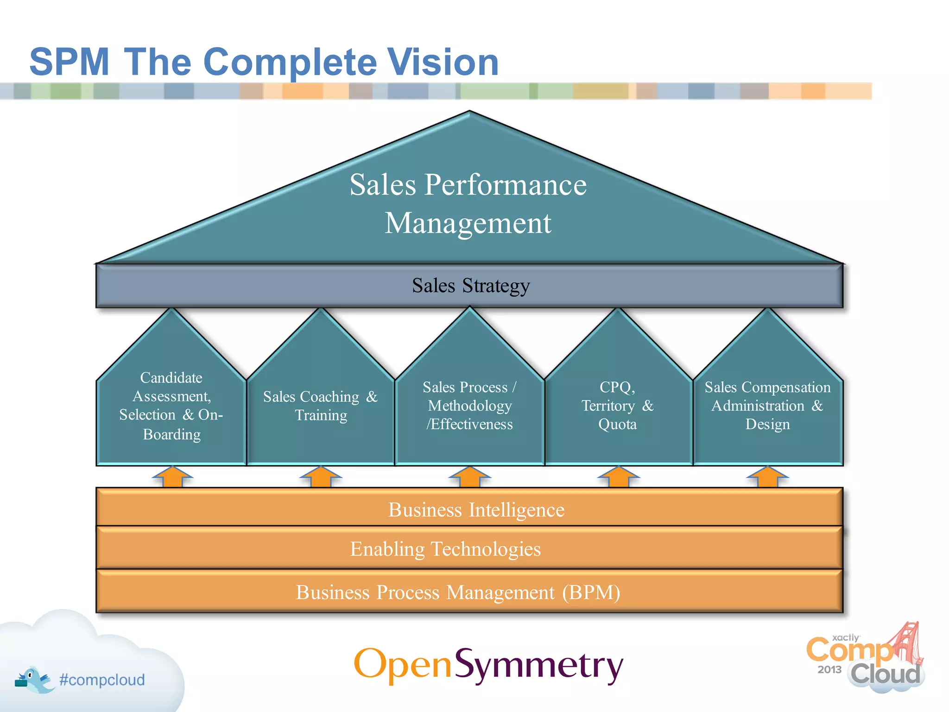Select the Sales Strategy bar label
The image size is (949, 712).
(470, 286)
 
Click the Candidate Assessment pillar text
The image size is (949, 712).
(171, 406)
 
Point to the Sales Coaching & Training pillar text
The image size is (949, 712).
(321, 406)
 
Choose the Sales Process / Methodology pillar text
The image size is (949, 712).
(469, 406)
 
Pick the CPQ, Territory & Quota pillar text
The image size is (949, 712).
(618, 406)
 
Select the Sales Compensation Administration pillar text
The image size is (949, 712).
(767, 406)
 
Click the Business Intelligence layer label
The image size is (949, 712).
(476, 509)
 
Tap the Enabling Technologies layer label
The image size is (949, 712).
(445, 549)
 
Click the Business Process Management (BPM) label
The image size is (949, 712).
(458, 592)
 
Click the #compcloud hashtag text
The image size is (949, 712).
(102, 680)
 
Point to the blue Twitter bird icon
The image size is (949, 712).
(35, 680)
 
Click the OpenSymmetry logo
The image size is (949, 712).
(488, 665)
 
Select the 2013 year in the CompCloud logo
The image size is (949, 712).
(829, 669)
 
